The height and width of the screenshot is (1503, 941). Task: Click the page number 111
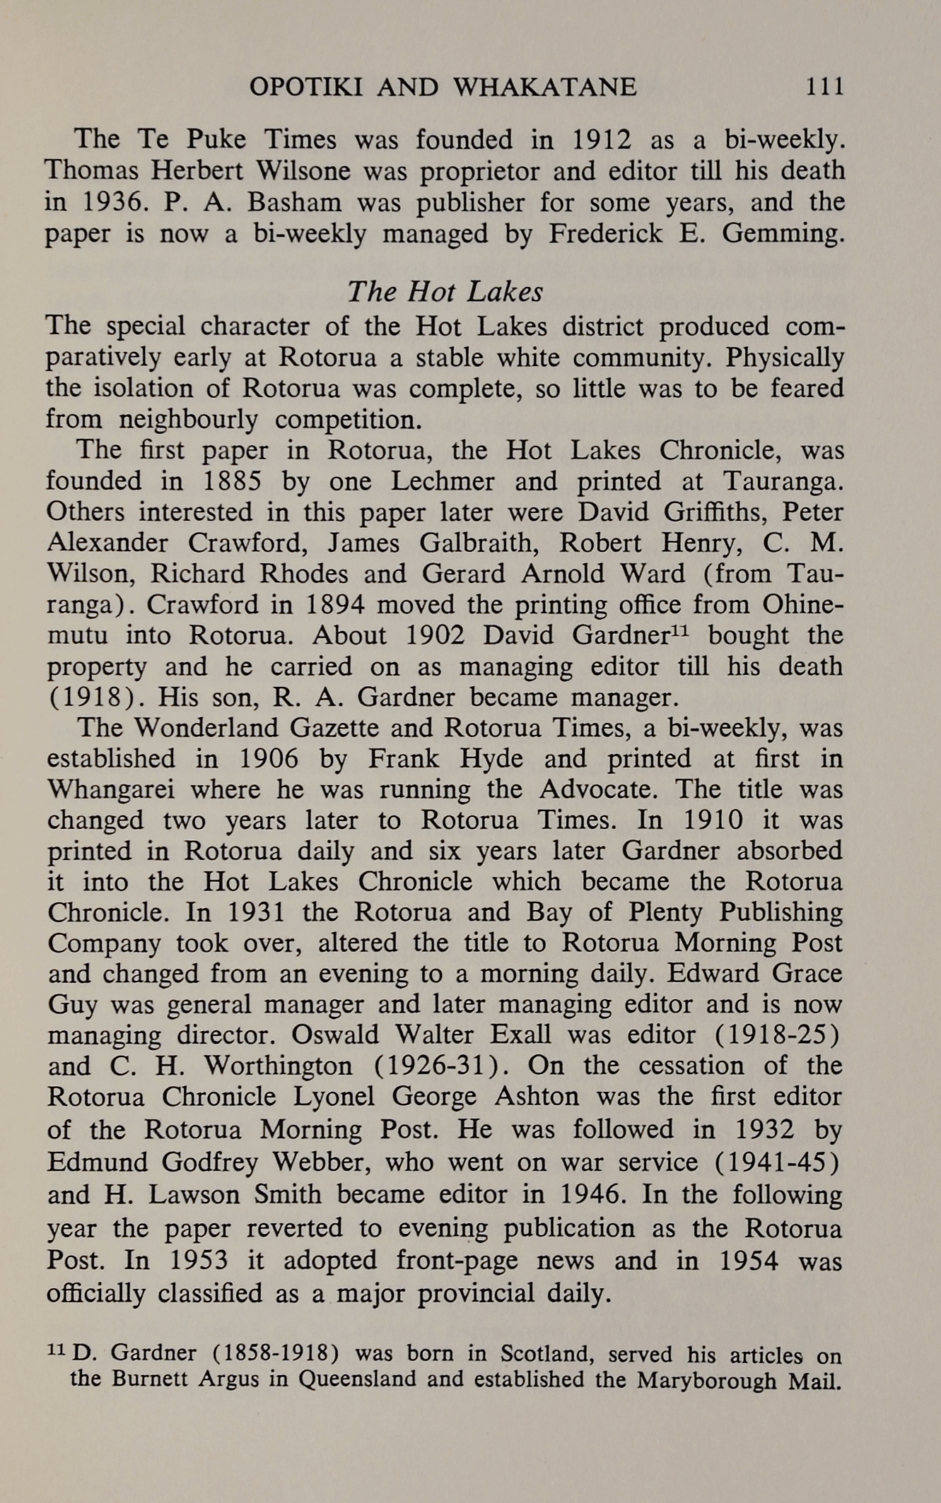[825, 87]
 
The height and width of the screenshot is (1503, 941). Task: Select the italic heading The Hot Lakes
[445, 291]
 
